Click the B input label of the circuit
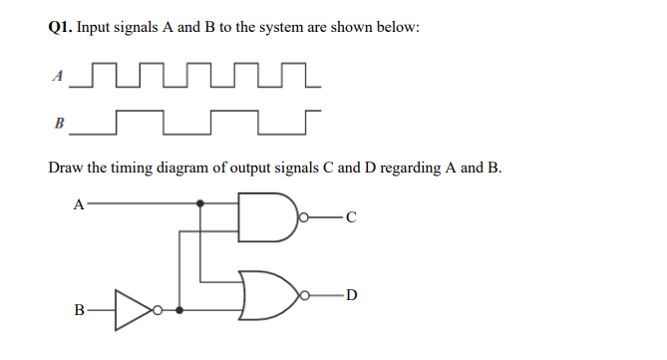click(79, 309)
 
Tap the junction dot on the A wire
click(201, 204)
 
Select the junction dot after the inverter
click(178, 309)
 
